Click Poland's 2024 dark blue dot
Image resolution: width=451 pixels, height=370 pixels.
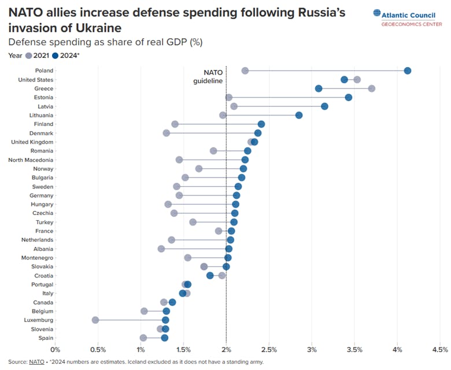point(408,71)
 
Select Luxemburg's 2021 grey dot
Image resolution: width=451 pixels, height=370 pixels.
point(95,320)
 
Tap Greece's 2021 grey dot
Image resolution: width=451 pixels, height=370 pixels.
point(372,88)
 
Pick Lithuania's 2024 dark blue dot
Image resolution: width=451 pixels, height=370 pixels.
point(299,115)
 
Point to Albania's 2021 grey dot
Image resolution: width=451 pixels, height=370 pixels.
point(161,249)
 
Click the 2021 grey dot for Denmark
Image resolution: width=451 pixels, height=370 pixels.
point(167,133)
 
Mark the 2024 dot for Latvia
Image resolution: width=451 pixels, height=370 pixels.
point(324,106)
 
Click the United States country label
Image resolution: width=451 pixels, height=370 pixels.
point(36,80)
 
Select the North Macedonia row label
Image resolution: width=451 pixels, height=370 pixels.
point(31,160)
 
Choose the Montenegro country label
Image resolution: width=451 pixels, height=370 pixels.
point(37,257)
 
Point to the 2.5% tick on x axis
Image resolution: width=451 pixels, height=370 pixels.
point(269,349)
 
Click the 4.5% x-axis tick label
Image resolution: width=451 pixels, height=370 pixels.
point(440,349)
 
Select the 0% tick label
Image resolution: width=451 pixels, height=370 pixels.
point(55,349)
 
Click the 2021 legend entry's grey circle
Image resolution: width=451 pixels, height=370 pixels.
point(28,55)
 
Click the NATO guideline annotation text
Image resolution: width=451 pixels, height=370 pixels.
point(209,77)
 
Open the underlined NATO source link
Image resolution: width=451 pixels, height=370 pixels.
point(36,362)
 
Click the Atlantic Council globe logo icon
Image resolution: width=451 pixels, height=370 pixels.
point(378,13)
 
